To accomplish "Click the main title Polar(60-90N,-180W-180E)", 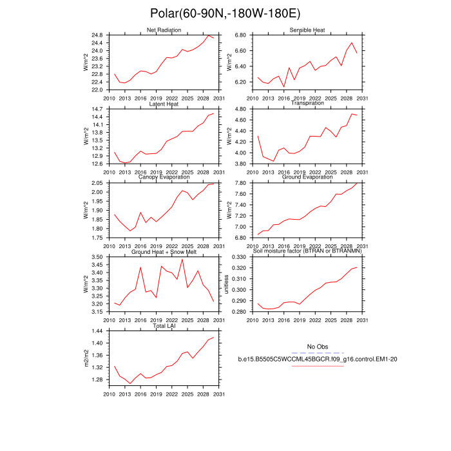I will pos(225,14).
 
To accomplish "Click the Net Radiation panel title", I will pos(164,30).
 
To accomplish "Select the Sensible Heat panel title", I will pos(307,30).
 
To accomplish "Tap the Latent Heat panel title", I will pos(164,104).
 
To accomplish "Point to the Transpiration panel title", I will pos(307,104).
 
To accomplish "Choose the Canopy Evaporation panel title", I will pos(164,178).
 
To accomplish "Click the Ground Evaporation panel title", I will pos(307,178).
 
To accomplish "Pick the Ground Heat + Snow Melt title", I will pos(164,253).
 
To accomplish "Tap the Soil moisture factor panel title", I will pos(307,253).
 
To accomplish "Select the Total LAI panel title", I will pos(164,327).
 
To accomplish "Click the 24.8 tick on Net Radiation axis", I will pos(96,35).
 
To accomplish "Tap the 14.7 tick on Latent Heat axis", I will pos(96,109).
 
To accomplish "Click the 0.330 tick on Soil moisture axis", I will pos(237,257).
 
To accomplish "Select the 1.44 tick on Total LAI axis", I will pos(96,331).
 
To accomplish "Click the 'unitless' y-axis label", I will pos(227,284).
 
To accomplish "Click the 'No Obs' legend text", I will pos(318,347).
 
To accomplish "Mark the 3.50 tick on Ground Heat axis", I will pos(96,257).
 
